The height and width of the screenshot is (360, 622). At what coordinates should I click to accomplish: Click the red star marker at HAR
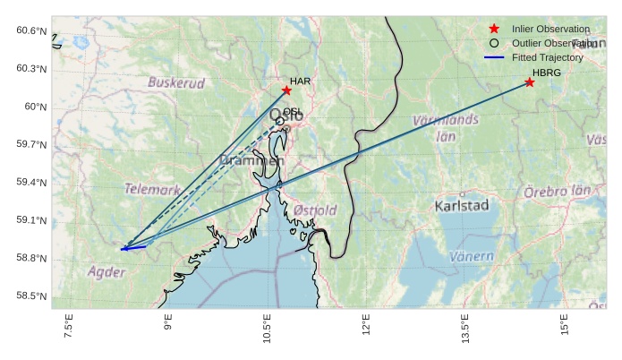286,90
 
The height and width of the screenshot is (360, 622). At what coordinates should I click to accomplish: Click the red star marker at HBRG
530,82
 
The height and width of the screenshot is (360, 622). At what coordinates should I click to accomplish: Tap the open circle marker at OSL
280,121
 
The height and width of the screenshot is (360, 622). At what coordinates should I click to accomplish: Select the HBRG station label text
546,73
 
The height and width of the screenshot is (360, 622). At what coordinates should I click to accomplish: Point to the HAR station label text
300,81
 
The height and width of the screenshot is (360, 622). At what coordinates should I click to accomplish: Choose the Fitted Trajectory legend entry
547,57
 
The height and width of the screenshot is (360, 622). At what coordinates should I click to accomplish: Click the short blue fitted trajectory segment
133,248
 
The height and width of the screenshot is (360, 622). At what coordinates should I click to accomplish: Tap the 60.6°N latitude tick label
31,31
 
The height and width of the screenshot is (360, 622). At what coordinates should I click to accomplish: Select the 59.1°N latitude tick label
31,220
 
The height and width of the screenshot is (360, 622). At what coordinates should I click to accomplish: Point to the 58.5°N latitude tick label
31,296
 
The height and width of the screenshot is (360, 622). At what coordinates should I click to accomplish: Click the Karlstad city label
461,206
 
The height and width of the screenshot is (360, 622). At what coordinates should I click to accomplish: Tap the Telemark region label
152,189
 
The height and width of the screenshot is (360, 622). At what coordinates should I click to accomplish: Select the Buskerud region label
176,82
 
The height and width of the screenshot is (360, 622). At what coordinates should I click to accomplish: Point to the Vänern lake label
471,256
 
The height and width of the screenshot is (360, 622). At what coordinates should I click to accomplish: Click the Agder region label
106,271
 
